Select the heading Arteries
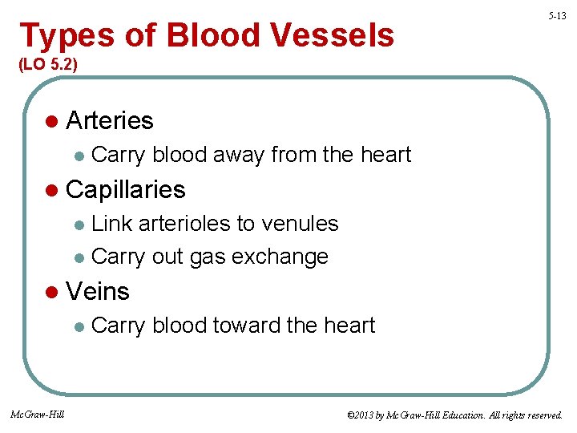pyautogui.click(x=110, y=120)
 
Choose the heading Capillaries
pyautogui.click(x=126, y=189)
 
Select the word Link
pyautogui.click(x=111, y=223)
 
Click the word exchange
pyautogui.click(x=289, y=257)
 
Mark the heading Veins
pyautogui.click(x=98, y=291)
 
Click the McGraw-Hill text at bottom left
pyautogui.click(x=38, y=414)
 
